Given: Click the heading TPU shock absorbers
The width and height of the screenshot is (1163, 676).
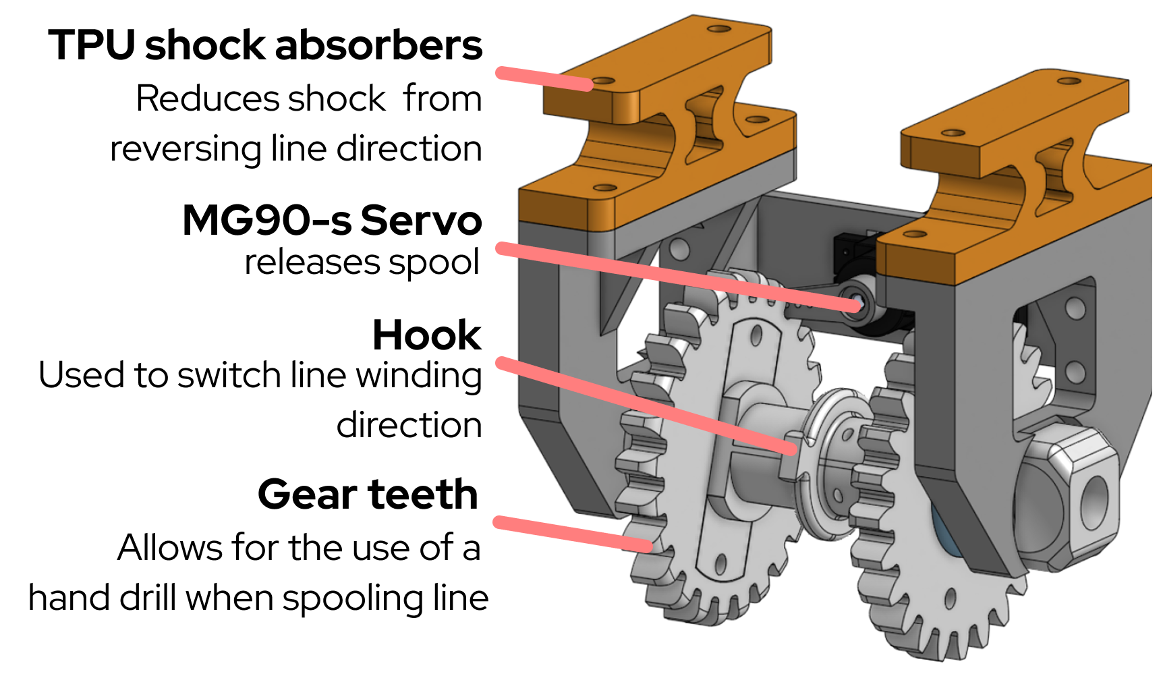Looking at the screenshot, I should coord(265,46).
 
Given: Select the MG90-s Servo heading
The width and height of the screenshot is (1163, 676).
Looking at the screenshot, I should coord(332,221).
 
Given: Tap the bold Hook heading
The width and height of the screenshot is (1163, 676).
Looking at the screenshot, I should coord(426,335).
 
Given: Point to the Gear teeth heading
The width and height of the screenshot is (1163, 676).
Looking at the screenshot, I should coord(368,495).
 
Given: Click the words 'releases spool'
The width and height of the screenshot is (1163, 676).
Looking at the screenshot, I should coord(362,262).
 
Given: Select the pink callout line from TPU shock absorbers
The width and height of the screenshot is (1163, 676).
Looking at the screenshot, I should coord(544,78).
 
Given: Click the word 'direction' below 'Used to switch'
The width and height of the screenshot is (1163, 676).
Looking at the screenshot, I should coord(409,426).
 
